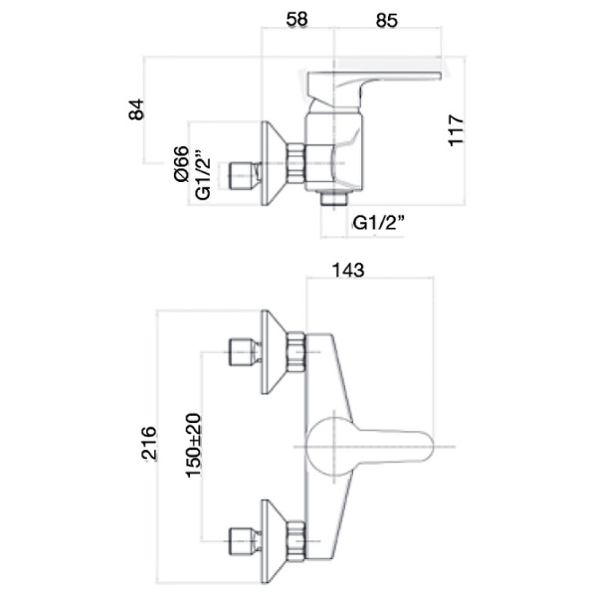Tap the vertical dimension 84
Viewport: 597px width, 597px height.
tap(138, 109)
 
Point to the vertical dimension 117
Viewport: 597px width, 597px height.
tap(456, 131)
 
